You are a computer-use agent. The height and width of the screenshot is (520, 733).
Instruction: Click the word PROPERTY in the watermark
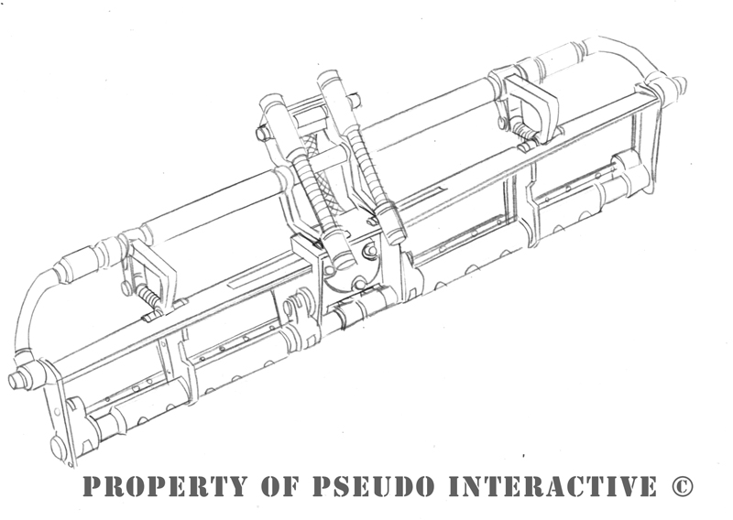(x=165, y=486)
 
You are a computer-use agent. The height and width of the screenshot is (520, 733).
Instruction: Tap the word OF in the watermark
(x=279, y=486)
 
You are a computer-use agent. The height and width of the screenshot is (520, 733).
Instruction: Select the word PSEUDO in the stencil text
(x=373, y=486)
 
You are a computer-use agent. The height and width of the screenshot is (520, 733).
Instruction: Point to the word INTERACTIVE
(x=552, y=486)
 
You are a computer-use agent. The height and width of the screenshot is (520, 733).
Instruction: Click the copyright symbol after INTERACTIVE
(x=682, y=486)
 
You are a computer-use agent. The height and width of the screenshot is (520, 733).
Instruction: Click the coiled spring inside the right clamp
(x=522, y=128)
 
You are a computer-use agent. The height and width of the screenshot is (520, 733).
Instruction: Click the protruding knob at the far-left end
(x=17, y=379)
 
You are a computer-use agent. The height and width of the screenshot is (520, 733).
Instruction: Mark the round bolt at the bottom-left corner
(x=58, y=447)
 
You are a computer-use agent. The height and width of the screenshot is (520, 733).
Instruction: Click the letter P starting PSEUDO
(x=323, y=486)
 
